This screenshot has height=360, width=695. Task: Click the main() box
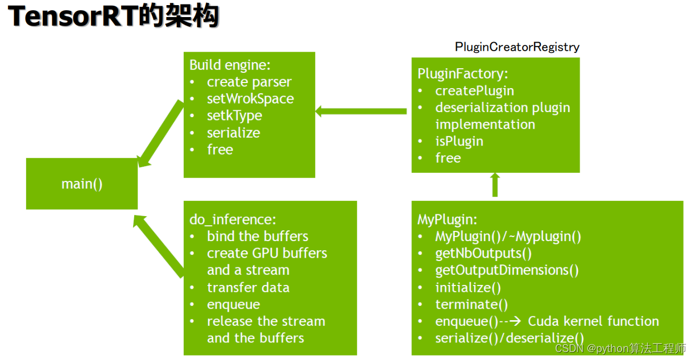click(82, 184)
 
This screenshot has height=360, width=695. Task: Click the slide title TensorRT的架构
click(114, 17)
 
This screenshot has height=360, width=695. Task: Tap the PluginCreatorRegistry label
click(517, 47)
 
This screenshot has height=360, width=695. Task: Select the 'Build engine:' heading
click(230, 64)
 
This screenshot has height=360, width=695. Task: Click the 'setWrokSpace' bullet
click(250, 98)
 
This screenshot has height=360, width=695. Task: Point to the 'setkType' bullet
click(234, 115)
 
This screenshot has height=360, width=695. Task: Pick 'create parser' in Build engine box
click(249, 82)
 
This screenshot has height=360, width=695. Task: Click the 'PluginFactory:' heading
click(462, 73)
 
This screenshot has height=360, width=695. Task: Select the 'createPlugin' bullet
click(474, 90)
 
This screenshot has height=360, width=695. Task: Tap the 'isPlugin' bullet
click(459, 141)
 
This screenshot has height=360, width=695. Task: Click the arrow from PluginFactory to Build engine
click(361, 111)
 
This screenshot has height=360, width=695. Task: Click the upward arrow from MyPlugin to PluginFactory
click(495, 185)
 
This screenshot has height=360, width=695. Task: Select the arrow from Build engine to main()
click(160, 134)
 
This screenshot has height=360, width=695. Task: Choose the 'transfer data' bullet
click(248, 287)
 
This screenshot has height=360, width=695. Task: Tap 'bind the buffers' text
click(257, 236)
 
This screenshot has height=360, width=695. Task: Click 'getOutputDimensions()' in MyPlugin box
click(507, 270)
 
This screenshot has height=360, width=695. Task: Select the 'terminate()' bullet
click(471, 304)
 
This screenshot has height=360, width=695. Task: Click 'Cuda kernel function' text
click(593, 321)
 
